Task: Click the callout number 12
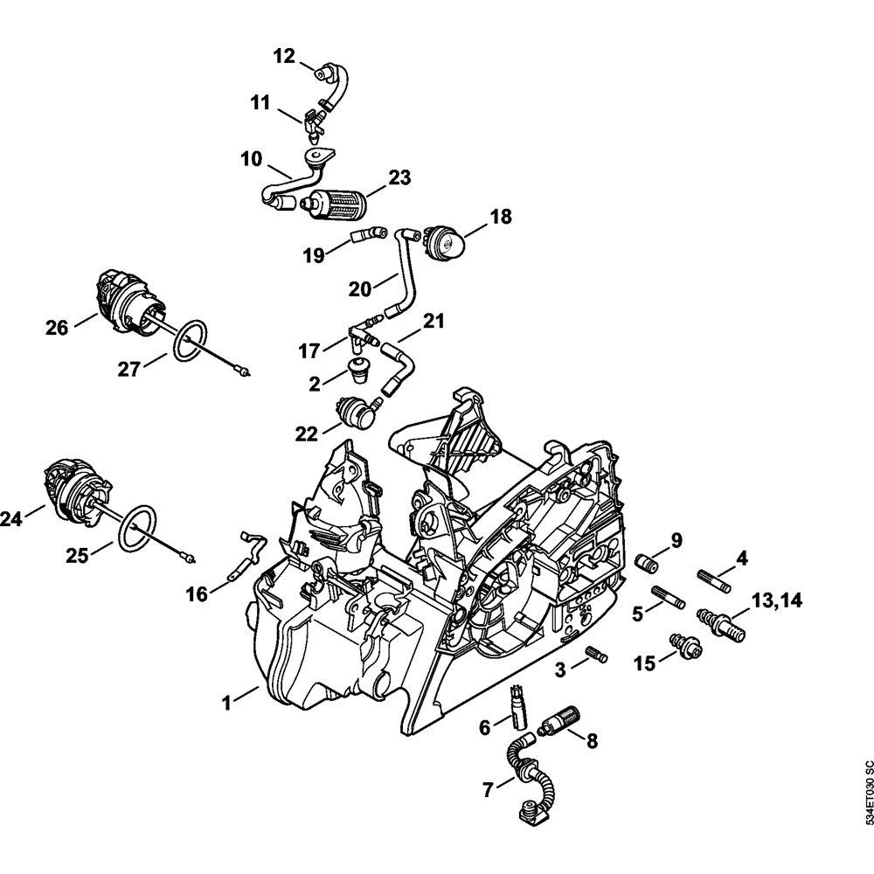pos(284,56)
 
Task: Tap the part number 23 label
pos(399,177)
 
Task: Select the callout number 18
pos(501,216)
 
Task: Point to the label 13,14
pos(777,601)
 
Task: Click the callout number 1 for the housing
pos(226,704)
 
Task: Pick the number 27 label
pos(128,369)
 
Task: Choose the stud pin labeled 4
pos(715,579)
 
